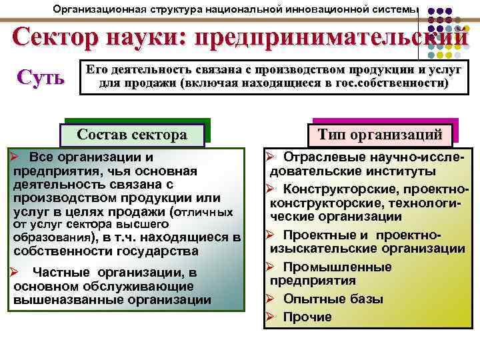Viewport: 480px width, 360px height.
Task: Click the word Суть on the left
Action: (41, 77)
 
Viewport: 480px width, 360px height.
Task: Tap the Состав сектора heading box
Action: (132, 134)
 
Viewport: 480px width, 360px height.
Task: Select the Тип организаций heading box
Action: (379, 134)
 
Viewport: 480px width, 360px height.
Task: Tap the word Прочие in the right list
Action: (307, 317)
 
